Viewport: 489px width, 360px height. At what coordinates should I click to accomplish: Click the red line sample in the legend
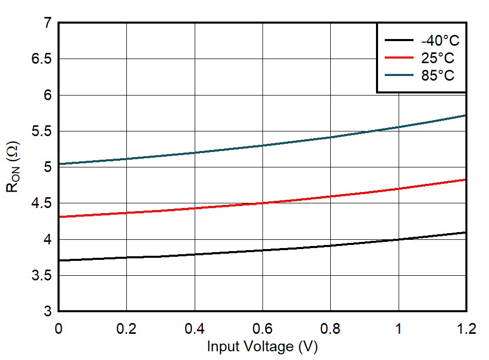coord(399,58)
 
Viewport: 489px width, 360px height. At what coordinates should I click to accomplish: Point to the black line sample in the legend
coord(399,41)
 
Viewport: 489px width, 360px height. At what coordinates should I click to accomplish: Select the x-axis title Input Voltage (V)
coord(262,347)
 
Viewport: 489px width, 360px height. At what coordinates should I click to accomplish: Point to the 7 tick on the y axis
coord(48,23)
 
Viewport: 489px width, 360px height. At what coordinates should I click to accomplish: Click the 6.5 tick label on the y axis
coord(42,59)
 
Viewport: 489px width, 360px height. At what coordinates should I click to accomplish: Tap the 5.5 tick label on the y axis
coord(42,131)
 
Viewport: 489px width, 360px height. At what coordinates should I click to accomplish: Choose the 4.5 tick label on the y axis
coord(42,203)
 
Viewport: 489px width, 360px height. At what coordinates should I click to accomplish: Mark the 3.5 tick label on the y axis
coord(42,276)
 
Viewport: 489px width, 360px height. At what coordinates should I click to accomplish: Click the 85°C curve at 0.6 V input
coord(262,145)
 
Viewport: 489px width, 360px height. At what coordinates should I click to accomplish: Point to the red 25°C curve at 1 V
coord(398,188)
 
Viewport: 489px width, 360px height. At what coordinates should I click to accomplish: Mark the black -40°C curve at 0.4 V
coord(194,254)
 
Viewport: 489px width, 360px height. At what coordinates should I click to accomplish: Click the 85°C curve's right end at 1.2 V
coord(465,116)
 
